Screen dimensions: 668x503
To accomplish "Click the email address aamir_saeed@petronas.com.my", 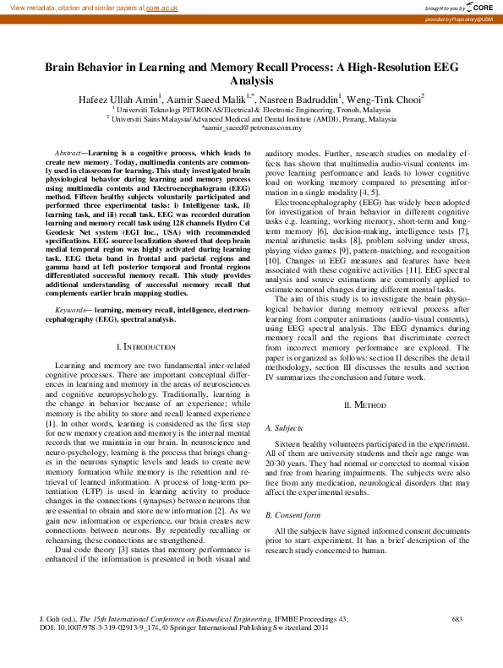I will point(251,128).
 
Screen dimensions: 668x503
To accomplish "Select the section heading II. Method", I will point(364,406).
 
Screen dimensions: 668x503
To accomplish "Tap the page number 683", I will point(457,620).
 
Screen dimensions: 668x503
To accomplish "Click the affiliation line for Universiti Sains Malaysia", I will point(251,119).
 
